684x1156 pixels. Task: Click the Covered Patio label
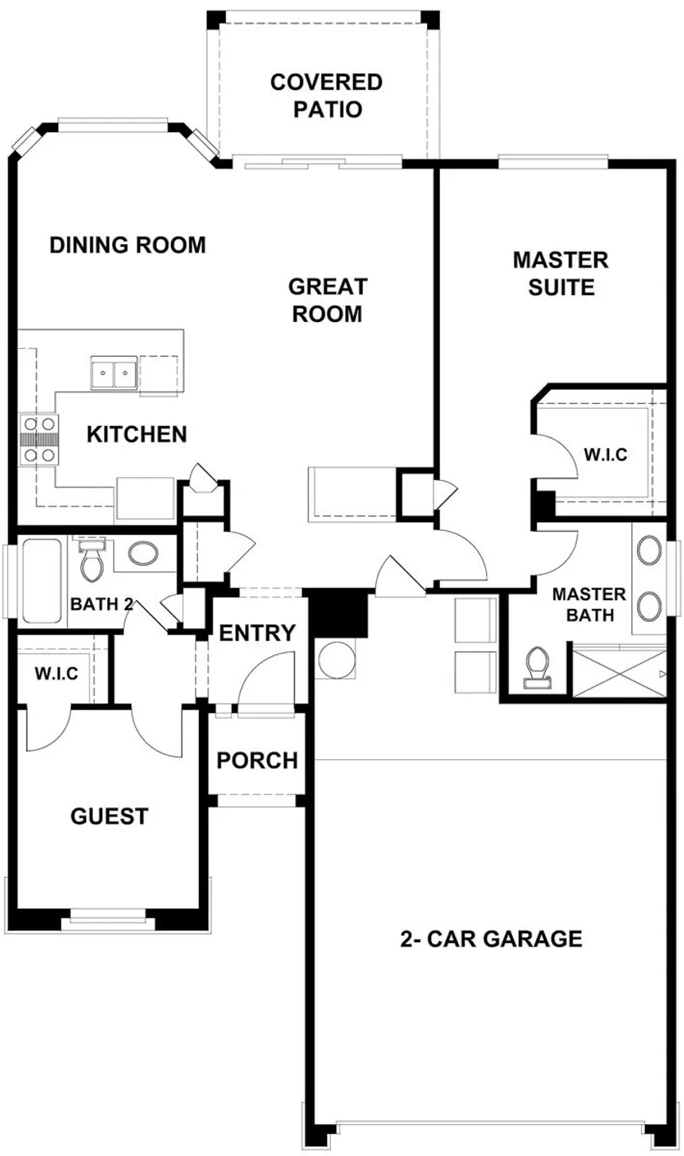(326, 95)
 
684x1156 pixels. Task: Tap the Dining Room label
(127, 245)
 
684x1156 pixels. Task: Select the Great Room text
(328, 300)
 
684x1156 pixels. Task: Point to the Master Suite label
(561, 273)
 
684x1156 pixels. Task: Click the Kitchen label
(137, 435)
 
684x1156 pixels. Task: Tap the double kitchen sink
(114, 373)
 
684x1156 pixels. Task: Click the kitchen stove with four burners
(39, 440)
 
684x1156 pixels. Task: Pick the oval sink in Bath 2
(143, 553)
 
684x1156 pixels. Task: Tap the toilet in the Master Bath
(538, 669)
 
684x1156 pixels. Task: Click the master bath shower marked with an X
(620, 673)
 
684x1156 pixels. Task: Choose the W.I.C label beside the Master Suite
(605, 455)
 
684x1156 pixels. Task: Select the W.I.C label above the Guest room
(56, 673)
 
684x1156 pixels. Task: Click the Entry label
(257, 633)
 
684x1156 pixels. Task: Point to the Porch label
(257, 760)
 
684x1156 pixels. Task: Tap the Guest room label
(109, 816)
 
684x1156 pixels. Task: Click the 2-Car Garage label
(491, 938)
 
